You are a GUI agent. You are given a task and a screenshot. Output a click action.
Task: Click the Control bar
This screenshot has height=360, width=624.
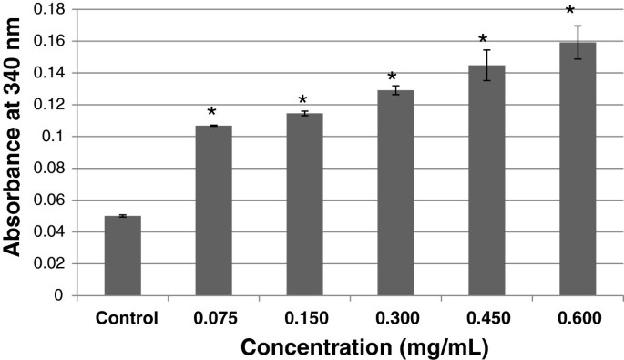[122, 256]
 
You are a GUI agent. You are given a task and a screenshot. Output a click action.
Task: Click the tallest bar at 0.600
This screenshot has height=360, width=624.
[578, 169]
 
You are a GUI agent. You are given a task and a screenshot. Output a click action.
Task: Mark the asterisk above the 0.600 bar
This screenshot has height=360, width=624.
[570, 12]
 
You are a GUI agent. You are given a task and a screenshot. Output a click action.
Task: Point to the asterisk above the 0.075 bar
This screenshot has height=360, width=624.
[211, 113]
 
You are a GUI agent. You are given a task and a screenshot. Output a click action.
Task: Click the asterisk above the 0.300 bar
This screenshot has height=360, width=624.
[393, 78]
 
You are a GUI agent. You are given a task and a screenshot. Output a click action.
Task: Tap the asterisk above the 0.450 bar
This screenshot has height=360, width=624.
[484, 41]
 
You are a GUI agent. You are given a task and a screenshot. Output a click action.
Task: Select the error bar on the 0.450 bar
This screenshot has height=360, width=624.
[486, 65]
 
